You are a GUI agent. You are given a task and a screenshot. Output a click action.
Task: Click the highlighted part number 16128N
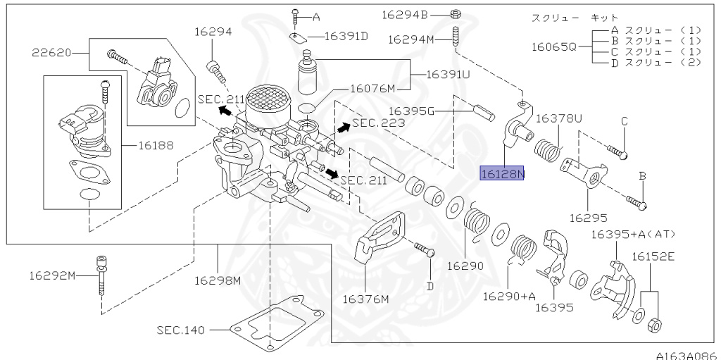[x=501, y=173]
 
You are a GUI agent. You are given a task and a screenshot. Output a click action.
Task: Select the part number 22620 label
[x=51, y=53]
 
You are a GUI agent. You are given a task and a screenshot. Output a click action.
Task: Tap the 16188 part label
[x=156, y=146]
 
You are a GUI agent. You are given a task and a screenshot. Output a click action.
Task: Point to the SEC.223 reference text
[x=379, y=123]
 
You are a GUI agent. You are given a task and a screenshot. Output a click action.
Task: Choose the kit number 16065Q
[x=553, y=47]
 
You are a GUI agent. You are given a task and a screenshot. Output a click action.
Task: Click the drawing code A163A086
[x=688, y=355]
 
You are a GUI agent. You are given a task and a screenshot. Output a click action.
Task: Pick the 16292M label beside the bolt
[x=52, y=275]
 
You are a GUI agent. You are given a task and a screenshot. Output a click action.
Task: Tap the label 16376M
[x=365, y=299]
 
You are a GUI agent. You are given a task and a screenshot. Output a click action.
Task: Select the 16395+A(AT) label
[x=634, y=235]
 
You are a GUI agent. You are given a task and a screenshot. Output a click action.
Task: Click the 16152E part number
[x=653, y=256]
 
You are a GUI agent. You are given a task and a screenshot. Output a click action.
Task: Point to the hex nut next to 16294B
[x=456, y=15]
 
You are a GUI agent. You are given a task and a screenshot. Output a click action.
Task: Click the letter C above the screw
[x=624, y=122]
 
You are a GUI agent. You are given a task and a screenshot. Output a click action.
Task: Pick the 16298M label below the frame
[x=218, y=280]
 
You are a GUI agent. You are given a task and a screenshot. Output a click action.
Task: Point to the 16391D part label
[x=346, y=36]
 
